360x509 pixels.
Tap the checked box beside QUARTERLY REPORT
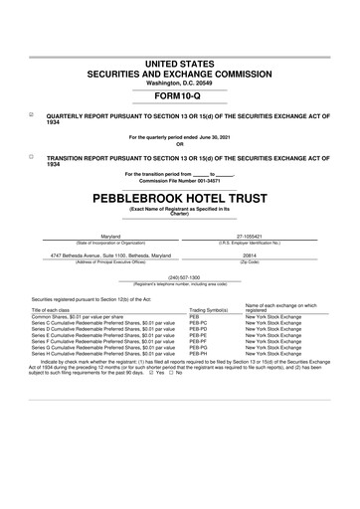pyautogui.click(x=30, y=114)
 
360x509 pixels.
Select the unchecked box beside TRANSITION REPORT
pyautogui.click(x=30, y=156)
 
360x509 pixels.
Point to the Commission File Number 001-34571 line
pyautogui.click(x=180, y=180)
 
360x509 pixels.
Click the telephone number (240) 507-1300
pyautogui.click(x=180, y=276)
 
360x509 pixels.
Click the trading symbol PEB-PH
pyautogui.click(x=199, y=353)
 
